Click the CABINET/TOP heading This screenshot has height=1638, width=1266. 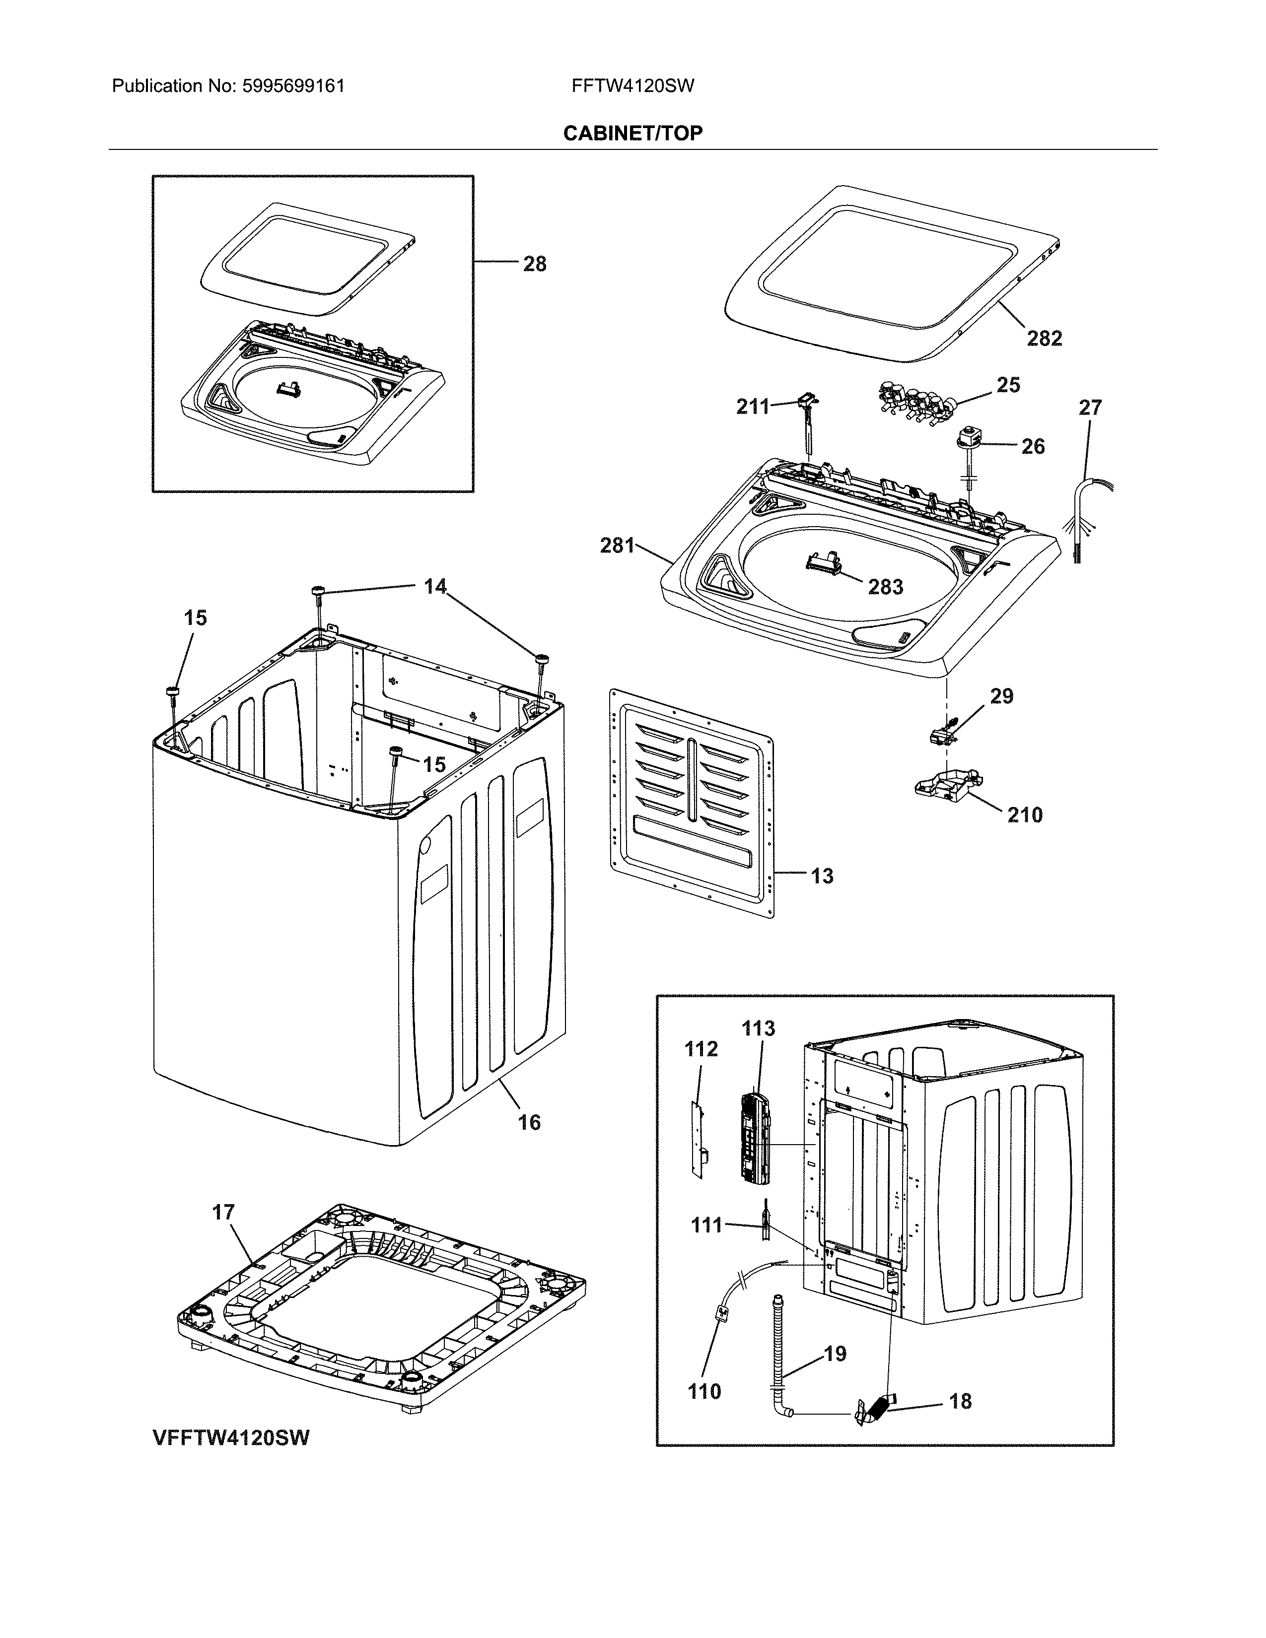[x=632, y=134]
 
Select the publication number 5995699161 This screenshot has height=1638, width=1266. [x=293, y=86]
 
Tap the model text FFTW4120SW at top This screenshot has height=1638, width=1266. [x=632, y=86]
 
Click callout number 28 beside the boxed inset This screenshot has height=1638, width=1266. [x=534, y=264]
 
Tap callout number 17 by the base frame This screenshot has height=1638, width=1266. [x=223, y=1212]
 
